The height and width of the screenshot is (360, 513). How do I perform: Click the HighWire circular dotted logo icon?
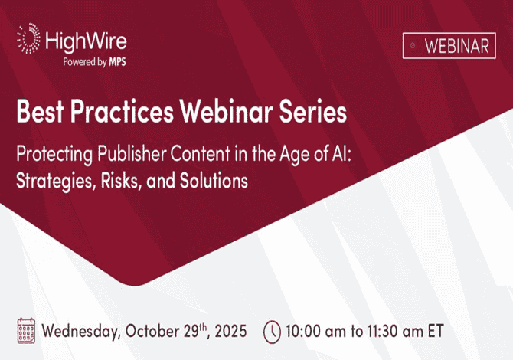pyautogui.click(x=29, y=38)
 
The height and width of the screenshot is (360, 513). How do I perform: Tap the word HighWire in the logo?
pyautogui.click(x=86, y=42)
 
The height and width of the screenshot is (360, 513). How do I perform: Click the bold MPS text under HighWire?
pyautogui.click(x=117, y=61)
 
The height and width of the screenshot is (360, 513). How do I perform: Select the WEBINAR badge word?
pyautogui.click(x=457, y=46)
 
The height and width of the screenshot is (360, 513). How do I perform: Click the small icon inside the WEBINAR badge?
pyautogui.click(x=413, y=46)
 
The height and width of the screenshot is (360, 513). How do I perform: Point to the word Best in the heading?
pyautogui.click(x=40, y=111)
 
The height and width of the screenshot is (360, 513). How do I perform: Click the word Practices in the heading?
pyautogui.click(x=122, y=111)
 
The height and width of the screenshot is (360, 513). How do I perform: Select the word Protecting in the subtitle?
pyautogui.click(x=54, y=155)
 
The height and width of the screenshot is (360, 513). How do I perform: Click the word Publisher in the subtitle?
pyautogui.click(x=132, y=153)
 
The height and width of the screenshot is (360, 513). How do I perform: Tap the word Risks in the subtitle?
pyautogui.click(x=122, y=181)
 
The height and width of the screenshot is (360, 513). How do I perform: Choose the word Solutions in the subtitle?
pyautogui.click(x=214, y=180)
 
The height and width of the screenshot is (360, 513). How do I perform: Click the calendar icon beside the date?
pyautogui.click(x=26, y=331)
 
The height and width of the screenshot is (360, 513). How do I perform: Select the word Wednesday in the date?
pyautogui.click(x=80, y=331)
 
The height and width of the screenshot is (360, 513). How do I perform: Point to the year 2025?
pyautogui.click(x=230, y=331)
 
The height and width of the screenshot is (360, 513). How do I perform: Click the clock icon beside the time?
pyautogui.click(x=273, y=332)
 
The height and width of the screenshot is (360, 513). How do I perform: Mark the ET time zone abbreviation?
pyautogui.click(x=436, y=331)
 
